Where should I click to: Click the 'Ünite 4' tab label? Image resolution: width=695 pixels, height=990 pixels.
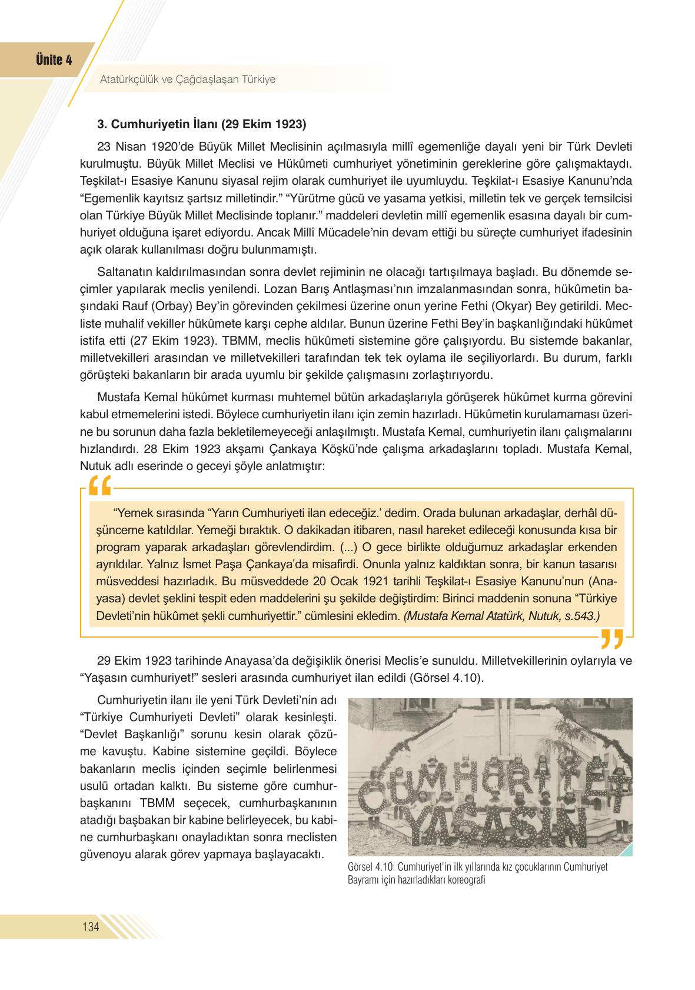click(54, 60)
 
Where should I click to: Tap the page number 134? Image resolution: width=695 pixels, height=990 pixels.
click(91, 928)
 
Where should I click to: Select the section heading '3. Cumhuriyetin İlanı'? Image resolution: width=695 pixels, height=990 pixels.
click(201, 125)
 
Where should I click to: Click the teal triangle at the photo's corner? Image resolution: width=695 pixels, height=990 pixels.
click(626, 849)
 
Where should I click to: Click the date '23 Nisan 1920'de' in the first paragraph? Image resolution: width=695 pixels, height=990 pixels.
click(135, 146)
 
